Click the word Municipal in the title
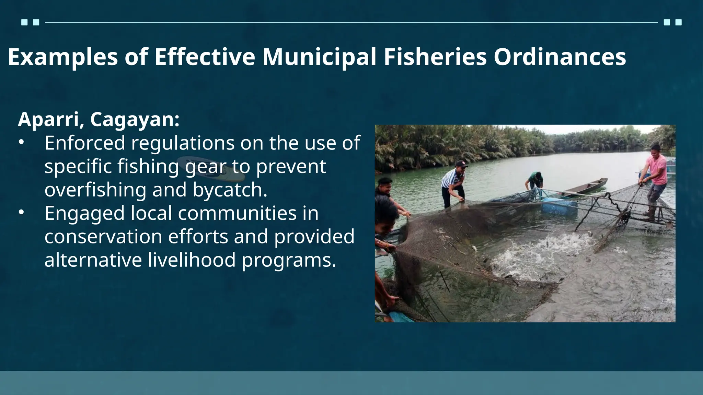(319, 57)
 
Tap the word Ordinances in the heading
(560, 57)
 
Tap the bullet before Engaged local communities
(21, 213)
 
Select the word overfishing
(95, 190)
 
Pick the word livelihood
(192, 260)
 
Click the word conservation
(103, 237)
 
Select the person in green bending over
(534, 180)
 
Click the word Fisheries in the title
(435, 57)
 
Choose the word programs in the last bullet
(288, 260)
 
